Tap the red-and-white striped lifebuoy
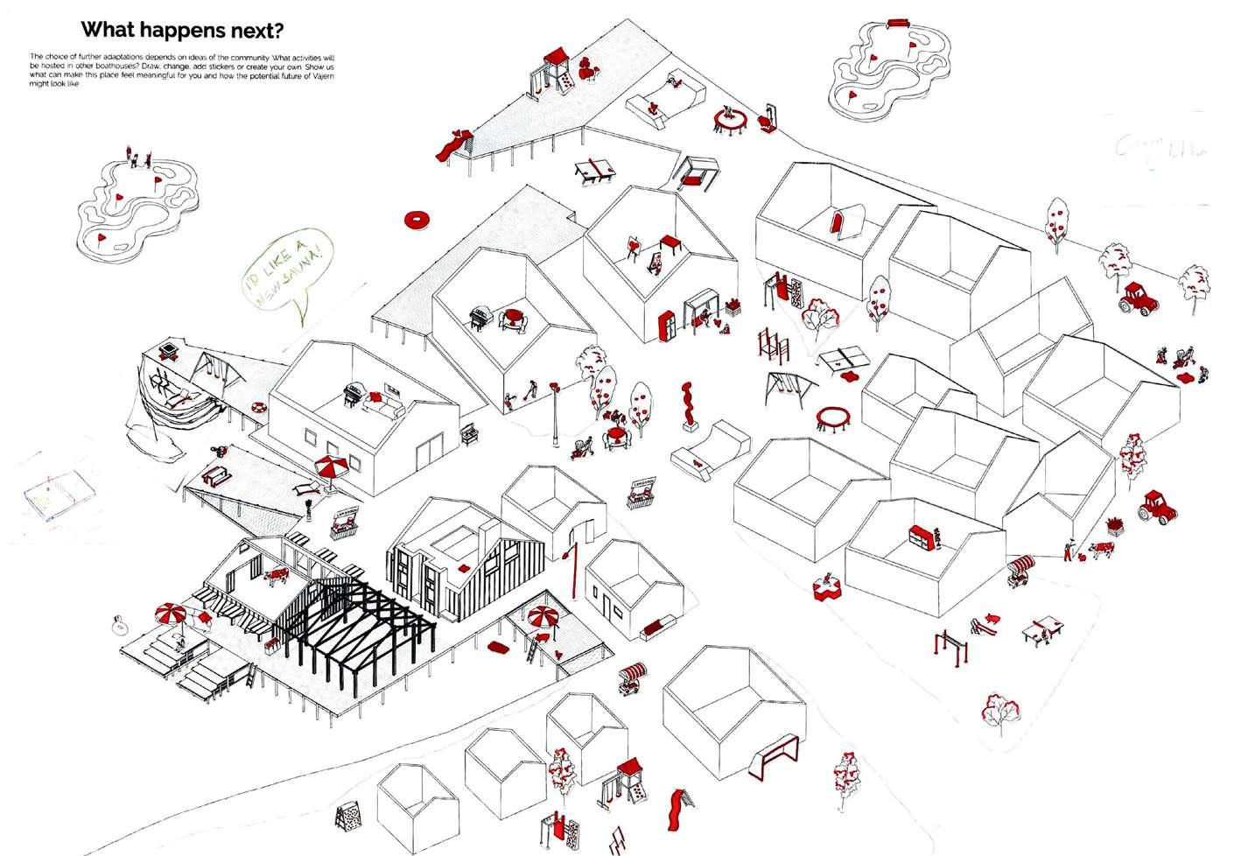[258, 408]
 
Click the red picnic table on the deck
[214, 476]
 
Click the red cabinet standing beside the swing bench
[668, 325]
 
